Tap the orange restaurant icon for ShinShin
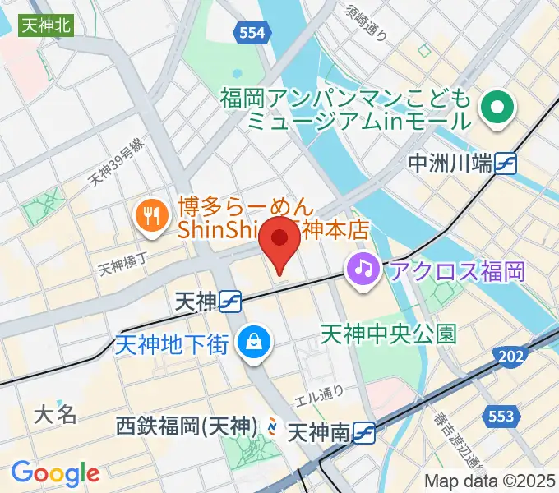point(150,215)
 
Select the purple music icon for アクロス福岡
point(362,267)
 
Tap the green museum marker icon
point(496,107)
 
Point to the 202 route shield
point(512,355)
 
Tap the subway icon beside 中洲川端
point(506,164)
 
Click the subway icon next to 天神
point(231,302)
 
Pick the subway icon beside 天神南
point(367,431)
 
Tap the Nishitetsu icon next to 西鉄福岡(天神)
point(271,426)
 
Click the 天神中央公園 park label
point(388,334)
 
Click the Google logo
point(55,473)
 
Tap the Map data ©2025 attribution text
point(489,481)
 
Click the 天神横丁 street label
point(122,265)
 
